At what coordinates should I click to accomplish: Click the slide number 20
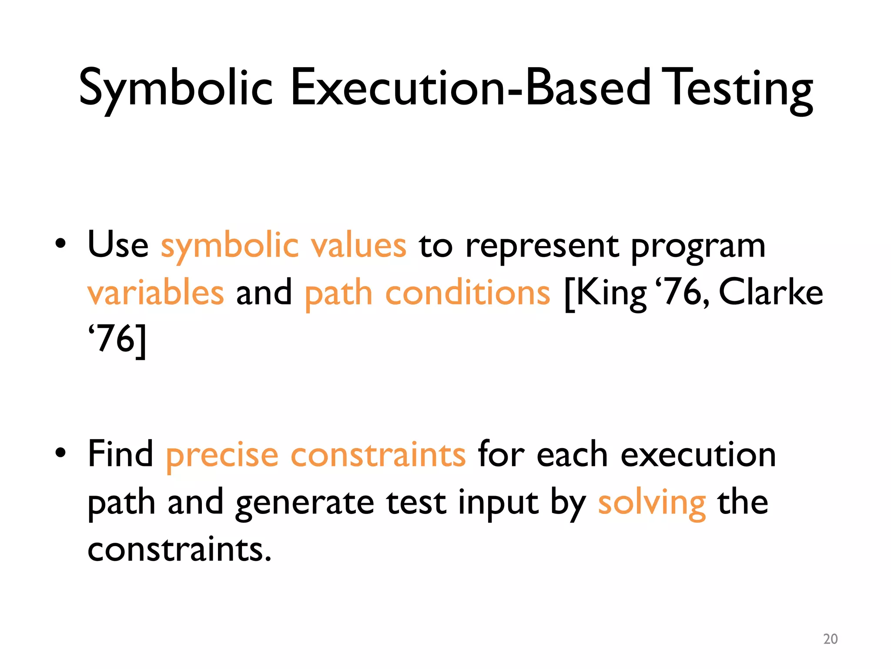coord(830,639)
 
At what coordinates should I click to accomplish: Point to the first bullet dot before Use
coord(60,244)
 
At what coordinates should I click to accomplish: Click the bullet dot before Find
coord(60,453)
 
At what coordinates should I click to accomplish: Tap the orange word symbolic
coord(230,246)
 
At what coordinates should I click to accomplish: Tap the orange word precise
coord(222,455)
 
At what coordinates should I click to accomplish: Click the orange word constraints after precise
coord(378,455)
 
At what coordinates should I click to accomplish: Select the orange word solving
coord(651,503)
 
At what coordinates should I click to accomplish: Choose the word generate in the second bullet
coord(305,503)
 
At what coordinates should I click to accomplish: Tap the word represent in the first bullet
coord(542,246)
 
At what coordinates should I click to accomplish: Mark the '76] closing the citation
coord(117,340)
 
